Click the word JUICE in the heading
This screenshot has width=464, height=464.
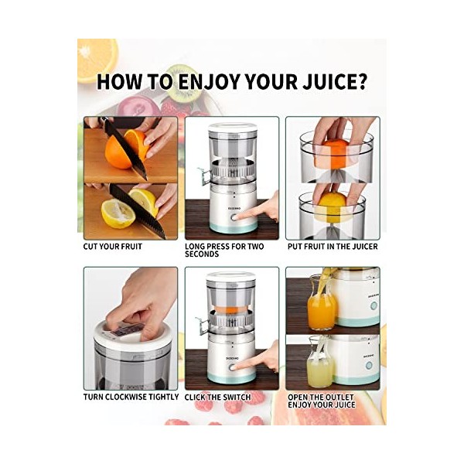point(334,81)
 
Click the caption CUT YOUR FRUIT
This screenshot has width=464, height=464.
point(112,247)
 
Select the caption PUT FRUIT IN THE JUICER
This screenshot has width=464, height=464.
point(333,247)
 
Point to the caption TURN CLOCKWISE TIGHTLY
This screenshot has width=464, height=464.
point(131,397)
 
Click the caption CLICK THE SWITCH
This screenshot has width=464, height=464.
point(217,397)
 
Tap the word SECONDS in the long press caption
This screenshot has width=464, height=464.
point(202,254)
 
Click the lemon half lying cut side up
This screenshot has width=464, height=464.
point(118,213)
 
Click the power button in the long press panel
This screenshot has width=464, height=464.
point(234,218)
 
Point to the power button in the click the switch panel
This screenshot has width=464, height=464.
point(233,367)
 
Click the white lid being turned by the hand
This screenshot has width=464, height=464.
point(129,336)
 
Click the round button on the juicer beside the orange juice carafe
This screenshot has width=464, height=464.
point(374,305)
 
